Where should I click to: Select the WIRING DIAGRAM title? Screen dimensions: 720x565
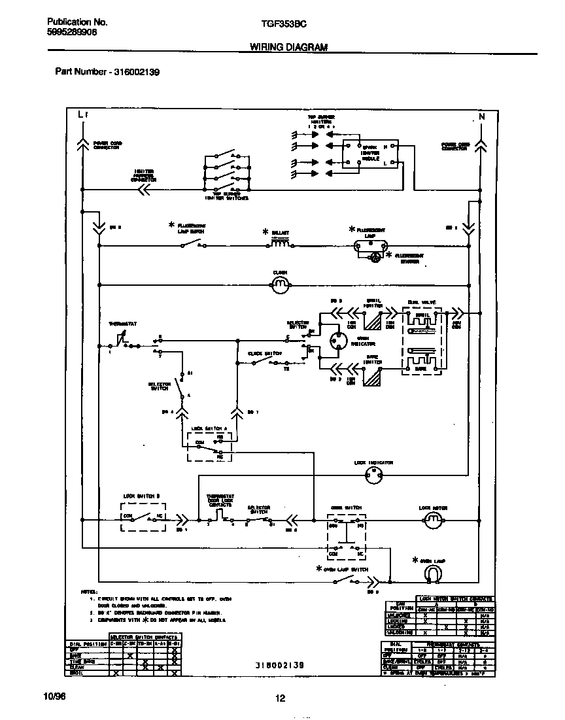point(288,48)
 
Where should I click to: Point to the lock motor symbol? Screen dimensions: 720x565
point(432,520)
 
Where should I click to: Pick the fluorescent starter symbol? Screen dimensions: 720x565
point(376,257)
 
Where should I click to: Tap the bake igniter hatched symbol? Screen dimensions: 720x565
point(373,379)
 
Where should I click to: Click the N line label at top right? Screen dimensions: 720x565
point(482,116)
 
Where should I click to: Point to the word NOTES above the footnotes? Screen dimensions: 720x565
point(88,591)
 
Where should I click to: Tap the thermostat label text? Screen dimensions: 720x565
point(120,324)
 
